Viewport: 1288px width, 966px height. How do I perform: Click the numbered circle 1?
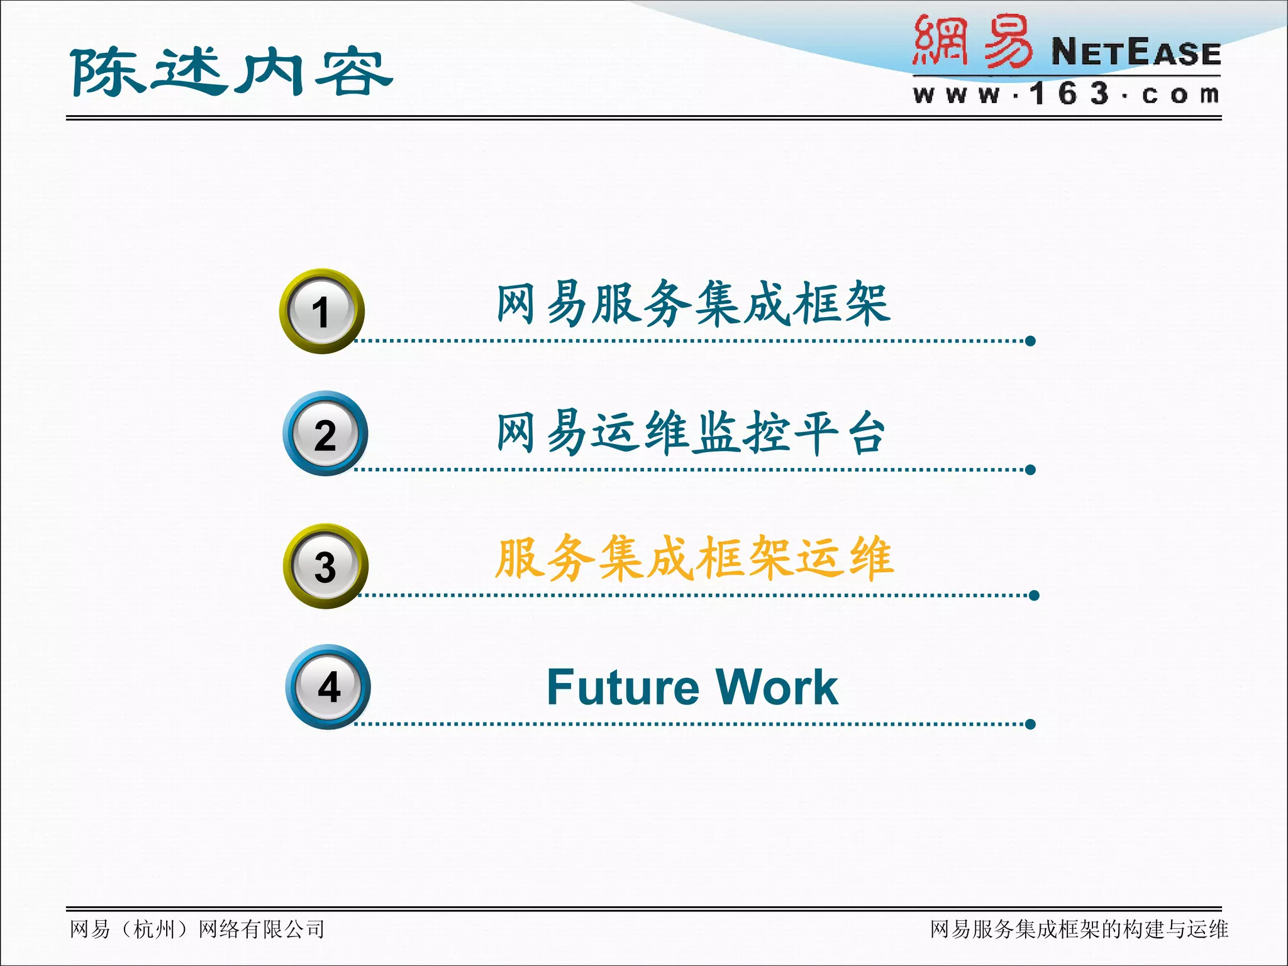click(321, 311)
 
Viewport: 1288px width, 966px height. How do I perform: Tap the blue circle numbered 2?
click(325, 434)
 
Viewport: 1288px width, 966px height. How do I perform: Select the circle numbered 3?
click(325, 566)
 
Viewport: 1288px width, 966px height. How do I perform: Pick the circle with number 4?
click(328, 687)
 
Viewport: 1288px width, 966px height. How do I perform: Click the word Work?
click(777, 687)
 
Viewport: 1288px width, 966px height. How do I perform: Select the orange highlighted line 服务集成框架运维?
click(693, 558)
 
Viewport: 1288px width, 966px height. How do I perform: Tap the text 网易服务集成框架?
click(693, 304)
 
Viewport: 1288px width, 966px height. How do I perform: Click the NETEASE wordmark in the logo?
click(1136, 52)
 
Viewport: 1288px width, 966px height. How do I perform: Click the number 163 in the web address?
click(1070, 94)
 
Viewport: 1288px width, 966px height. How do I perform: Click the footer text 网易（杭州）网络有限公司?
click(197, 929)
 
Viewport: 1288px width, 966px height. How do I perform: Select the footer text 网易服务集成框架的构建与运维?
click(1079, 929)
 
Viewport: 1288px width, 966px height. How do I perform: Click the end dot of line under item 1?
click(1030, 341)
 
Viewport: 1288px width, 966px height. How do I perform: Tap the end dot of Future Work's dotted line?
click(1030, 724)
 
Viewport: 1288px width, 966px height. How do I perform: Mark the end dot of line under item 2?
click(1030, 470)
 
